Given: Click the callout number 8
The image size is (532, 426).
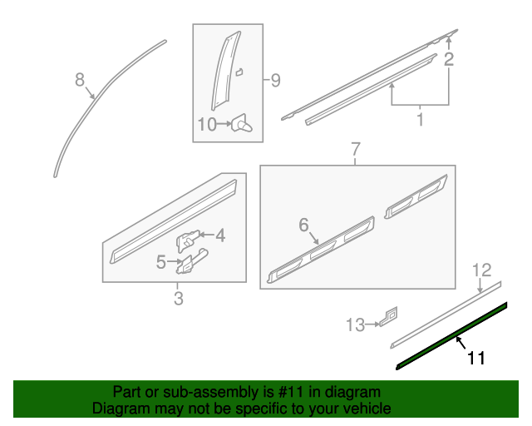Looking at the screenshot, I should [80, 80].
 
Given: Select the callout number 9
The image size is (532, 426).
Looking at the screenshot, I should [275, 81].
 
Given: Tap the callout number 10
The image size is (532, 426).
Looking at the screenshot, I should [207, 125].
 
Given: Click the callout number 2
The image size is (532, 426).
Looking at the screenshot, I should [449, 59].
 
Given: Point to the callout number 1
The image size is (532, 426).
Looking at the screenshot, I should [420, 120].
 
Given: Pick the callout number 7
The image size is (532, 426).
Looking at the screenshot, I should [355, 150].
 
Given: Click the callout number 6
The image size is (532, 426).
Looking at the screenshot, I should [303, 225].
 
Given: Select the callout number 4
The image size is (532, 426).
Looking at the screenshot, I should [219, 236].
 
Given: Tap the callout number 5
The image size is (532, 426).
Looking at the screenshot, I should [161, 262].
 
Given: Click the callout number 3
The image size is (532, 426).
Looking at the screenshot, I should [178, 299].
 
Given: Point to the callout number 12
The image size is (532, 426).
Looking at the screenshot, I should [482, 270].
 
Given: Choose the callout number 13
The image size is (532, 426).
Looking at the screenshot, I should [355, 324].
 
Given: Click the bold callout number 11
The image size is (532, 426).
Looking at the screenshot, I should [475, 359].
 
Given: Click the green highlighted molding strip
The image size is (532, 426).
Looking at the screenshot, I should [453, 336].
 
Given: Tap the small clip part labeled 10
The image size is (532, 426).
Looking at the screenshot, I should [243, 125].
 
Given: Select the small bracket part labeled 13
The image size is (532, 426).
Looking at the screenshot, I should [388, 317].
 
